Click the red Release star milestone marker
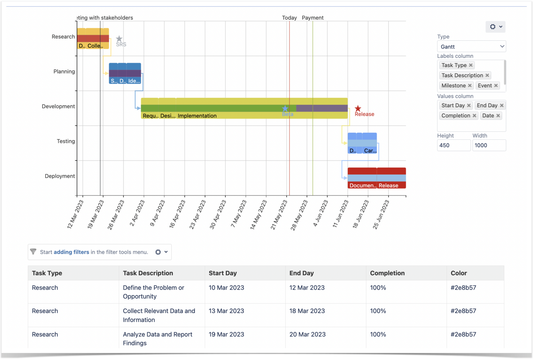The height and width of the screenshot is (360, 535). coord(358,109)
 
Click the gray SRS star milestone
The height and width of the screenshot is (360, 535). coord(119,39)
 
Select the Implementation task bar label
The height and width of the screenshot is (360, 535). coord(197,116)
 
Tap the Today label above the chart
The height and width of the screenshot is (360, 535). coord(289,18)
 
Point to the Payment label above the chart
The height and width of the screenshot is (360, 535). coord(312,18)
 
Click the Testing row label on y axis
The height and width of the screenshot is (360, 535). coord(66,141)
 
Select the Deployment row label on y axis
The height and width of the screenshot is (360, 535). coord(60,176)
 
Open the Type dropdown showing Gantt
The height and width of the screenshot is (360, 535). coord(471,47)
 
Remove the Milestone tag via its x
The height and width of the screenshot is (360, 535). coord(470,86)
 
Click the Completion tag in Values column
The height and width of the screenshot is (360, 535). coord(456,116)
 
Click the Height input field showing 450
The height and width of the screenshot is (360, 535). coord(453,145)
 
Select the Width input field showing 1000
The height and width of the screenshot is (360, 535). coord(489,145)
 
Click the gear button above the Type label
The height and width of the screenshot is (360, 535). coord(495,27)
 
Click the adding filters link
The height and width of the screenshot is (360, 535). coord(71,252)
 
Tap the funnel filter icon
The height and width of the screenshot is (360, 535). coord(33,252)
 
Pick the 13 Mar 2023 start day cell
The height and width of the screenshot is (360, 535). coord(226,311)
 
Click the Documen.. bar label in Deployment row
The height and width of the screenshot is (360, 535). coord(362,185)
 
